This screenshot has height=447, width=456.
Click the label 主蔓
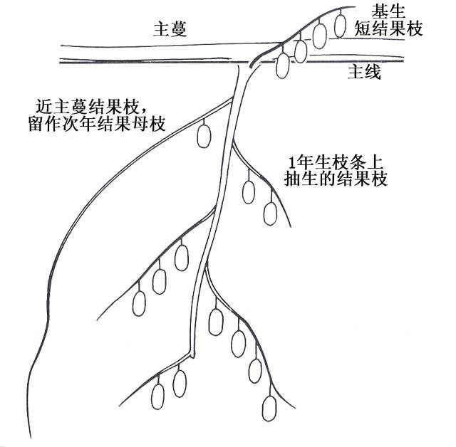tap(172, 29)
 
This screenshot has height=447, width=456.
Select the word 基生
tap(388, 11)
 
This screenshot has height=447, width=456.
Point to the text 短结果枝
tap(388, 29)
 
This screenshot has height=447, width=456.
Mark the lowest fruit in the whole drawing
tap(269, 408)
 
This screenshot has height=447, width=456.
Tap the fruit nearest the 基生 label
tap(341, 23)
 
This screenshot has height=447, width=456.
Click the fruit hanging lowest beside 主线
tap(283, 65)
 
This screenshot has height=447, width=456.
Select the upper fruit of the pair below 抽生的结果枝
tap(249, 191)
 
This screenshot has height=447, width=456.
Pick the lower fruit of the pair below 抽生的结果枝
tap(270, 213)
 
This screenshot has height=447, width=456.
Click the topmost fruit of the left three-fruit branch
tap(182, 256)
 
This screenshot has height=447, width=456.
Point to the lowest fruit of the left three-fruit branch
tap(140, 303)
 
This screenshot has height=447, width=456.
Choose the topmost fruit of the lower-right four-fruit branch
tap(215, 322)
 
